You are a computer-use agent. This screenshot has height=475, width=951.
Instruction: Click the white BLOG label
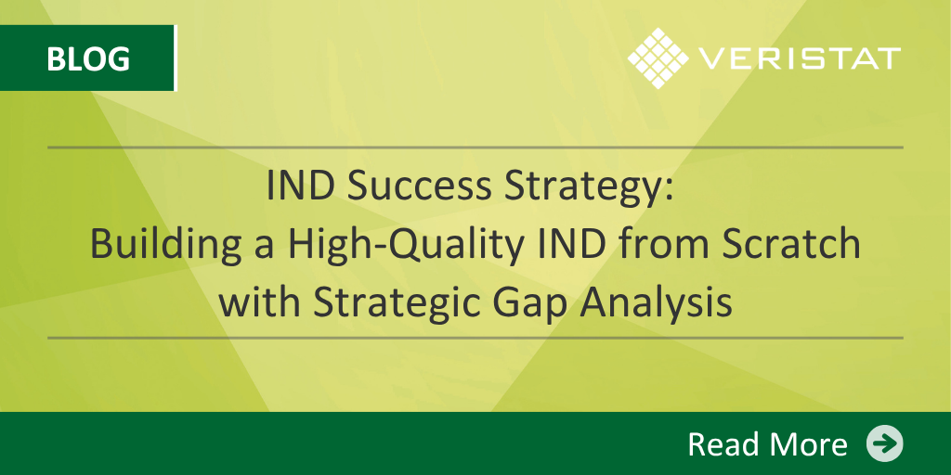coord(88,58)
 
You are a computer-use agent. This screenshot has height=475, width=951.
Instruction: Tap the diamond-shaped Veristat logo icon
coord(658,58)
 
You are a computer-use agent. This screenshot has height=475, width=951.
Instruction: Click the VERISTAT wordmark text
coord(799,58)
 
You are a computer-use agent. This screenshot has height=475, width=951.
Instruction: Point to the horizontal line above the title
coord(475,148)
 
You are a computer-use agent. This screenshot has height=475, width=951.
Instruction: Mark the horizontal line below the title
coord(475,338)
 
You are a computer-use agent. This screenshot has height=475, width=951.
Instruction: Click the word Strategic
coord(397,304)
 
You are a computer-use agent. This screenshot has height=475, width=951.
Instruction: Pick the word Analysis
coord(657,304)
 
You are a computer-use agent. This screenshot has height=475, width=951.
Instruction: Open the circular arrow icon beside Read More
coord(884,443)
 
